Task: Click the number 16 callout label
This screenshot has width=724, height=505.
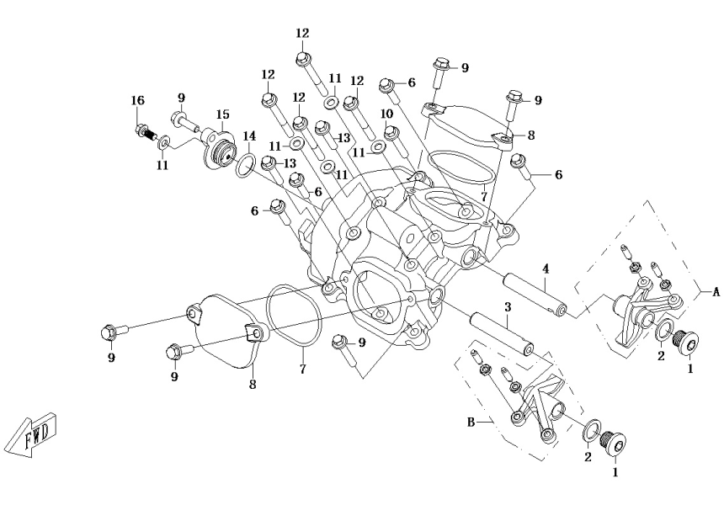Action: click(x=137, y=101)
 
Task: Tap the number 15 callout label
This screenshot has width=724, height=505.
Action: click(x=222, y=114)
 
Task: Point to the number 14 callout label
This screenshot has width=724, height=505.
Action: click(x=249, y=136)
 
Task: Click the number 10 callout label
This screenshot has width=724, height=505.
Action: click(x=387, y=114)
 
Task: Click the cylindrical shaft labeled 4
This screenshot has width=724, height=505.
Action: click(x=535, y=293)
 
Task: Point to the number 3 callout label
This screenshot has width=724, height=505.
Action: click(x=508, y=307)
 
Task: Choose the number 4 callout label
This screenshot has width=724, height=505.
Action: click(x=546, y=268)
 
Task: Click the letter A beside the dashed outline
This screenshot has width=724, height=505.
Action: click(x=716, y=292)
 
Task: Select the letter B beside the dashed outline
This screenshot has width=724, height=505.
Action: click(x=471, y=422)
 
